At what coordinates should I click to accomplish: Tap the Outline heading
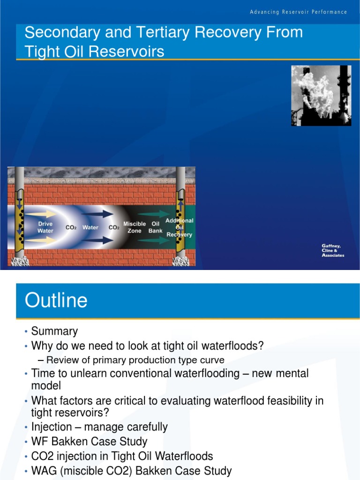[56, 300]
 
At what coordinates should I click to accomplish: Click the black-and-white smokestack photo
[321, 95]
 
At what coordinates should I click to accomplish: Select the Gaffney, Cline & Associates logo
[333, 250]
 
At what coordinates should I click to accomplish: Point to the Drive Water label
[45, 227]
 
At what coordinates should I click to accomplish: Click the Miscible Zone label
[135, 227]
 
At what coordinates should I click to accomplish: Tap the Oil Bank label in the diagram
[156, 227]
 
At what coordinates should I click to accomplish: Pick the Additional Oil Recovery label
[180, 227]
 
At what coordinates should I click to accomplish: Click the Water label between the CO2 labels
[90, 227]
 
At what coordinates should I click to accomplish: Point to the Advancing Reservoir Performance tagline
[298, 12]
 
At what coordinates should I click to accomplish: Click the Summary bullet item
[54, 331]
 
